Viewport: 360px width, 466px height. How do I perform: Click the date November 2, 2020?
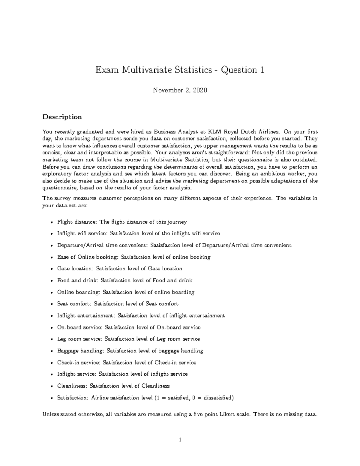coord(180,90)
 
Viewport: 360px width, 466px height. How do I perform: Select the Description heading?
coord(62,117)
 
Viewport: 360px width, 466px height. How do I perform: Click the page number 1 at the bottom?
coord(180,440)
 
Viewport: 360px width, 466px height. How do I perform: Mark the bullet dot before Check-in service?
coord(52,363)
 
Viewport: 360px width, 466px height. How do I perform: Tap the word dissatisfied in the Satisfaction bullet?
coord(217,398)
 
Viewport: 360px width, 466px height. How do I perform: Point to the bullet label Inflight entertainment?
coord(86,315)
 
